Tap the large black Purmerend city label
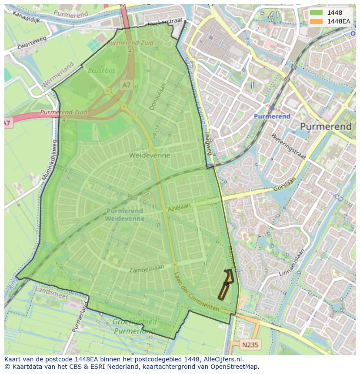(x=326, y=126)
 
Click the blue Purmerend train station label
(x=272, y=116)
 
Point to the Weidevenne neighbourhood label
(x=150, y=155)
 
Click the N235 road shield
(x=250, y=344)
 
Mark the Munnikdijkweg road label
(x=49, y=159)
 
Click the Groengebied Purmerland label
(x=134, y=326)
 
